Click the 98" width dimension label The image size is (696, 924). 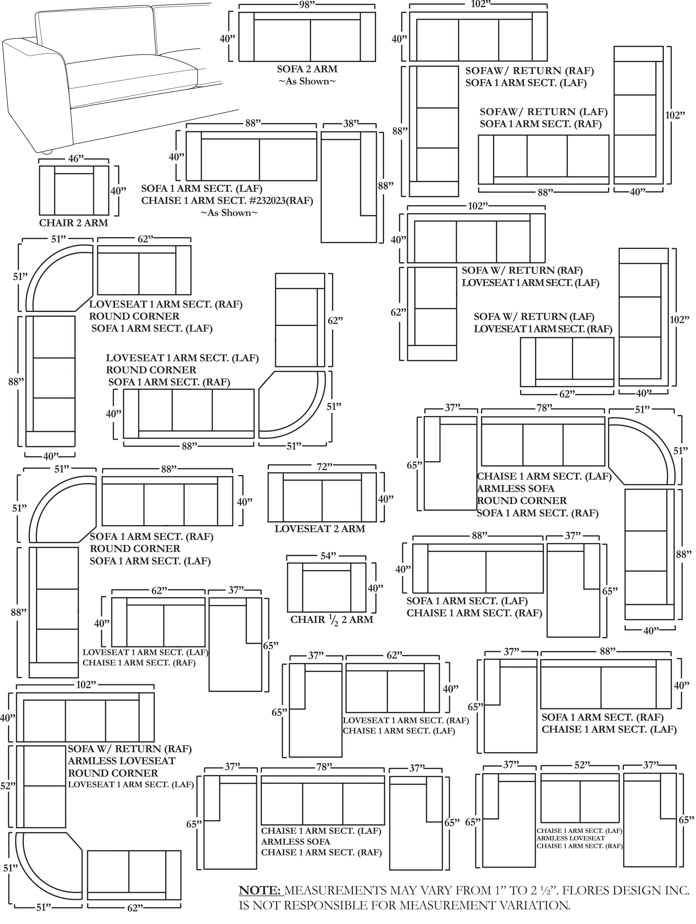pyautogui.click(x=307, y=5)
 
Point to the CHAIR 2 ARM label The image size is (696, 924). pyautogui.click(x=74, y=223)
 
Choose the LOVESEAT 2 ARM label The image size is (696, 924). pyautogui.click(x=320, y=529)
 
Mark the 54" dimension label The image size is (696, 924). pyautogui.click(x=328, y=556)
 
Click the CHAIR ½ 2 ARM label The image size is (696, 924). pyautogui.click(x=331, y=620)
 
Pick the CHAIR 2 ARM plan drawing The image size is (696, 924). pyautogui.click(x=74, y=190)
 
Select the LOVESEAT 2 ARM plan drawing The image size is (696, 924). pyautogui.click(x=322, y=497)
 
